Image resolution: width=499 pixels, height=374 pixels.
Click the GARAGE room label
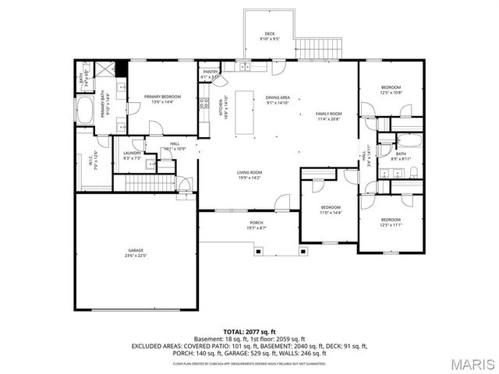[x=136, y=251]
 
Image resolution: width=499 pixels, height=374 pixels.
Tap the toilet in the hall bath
[x=413, y=172]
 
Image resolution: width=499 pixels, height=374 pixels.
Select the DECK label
[x=270, y=34]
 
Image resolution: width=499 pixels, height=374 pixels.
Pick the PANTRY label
[x=210, y=72]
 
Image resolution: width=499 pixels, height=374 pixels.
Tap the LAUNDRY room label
[x=133, y=153]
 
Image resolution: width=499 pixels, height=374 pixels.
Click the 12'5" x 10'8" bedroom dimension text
[x=391, y=93]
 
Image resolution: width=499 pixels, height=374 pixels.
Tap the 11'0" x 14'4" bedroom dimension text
[x=331, y=212]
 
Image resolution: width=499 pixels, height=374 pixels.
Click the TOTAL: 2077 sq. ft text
[x=249, y=332]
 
